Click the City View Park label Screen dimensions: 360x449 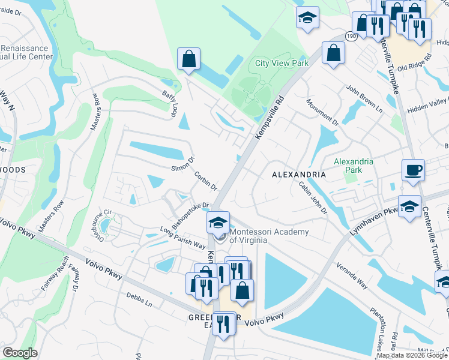[282, 63]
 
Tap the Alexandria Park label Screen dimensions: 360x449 [354, 166]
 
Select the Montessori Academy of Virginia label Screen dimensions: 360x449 [270, 236]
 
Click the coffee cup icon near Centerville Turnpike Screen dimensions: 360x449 [413, 169]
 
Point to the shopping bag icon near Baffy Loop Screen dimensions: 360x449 [188, 59]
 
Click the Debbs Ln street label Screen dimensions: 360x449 [139, 300]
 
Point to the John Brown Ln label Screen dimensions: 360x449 [364, 98]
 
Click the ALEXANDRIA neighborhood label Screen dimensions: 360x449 [298, 175]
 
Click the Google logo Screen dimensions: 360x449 [20, 353]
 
